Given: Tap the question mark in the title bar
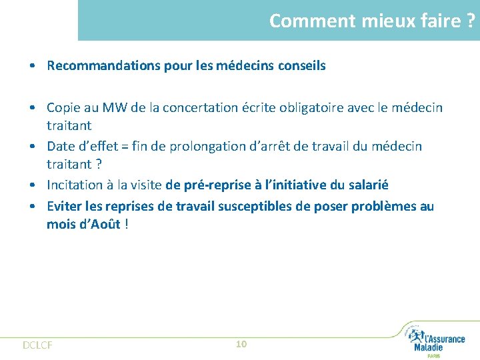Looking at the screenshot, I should coord(471,21).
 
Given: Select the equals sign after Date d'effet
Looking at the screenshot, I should coord(121,146).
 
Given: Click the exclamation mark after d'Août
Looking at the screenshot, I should coord(127,224).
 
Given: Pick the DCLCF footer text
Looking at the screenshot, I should coord(37,345).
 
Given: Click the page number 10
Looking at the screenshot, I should coord(241,344).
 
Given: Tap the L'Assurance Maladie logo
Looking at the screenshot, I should coord(437,341).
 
